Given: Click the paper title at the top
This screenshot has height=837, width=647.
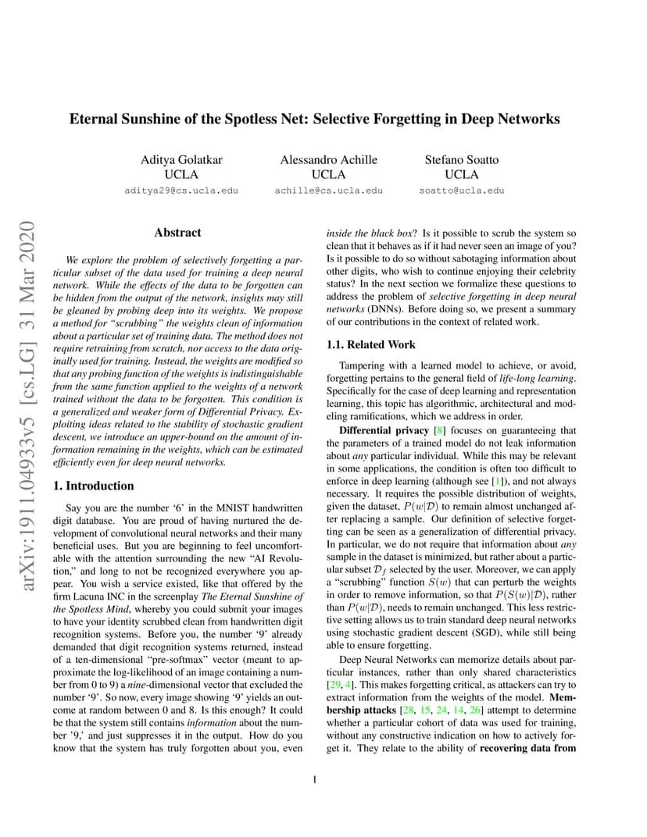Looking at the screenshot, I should [x=315, y=119].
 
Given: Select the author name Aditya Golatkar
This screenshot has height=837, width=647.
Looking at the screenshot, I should [x=181, y=160].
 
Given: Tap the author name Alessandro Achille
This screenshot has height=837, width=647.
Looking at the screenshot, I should [x=328, y=160].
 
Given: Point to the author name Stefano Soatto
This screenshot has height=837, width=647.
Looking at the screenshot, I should [x=461, y=160].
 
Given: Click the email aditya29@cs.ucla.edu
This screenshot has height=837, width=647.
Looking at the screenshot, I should [x=181, y=191].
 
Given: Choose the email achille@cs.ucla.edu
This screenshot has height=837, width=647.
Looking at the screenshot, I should [x=328, y=191].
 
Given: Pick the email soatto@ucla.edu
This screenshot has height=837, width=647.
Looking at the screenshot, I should [x=461, y=191].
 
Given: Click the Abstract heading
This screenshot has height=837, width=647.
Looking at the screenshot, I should [x=177, y=233].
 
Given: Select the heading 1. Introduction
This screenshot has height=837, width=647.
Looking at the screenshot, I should [x=93, y=486].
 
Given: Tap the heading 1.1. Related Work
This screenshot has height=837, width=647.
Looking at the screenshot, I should [x=370, y=344].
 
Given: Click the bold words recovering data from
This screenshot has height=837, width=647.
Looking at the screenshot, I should [x=527, y=749].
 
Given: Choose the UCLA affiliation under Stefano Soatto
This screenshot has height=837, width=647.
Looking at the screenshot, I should [x=461, y=174].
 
